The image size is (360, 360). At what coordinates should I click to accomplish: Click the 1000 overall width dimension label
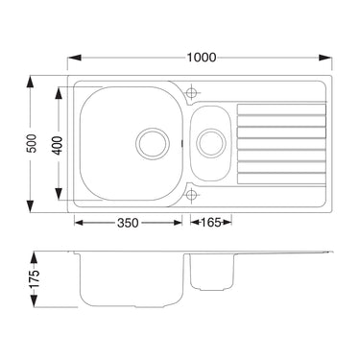click(x=202, y=58)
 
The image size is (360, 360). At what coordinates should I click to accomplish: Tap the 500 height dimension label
click(x=33, y=143)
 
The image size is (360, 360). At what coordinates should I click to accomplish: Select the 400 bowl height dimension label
click(x=58, y=145)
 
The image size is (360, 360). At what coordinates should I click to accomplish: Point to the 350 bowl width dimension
click(x=128, y=223)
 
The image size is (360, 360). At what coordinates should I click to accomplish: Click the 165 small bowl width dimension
click(x=211, y=222)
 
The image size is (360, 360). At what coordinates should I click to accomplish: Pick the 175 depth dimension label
click(x=35, y=278)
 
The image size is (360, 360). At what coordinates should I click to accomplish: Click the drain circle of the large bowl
click(x=153, y=143)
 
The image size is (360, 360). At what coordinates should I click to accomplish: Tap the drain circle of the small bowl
click(x=211, y=143)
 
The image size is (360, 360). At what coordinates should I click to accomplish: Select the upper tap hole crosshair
click(x=191, y=93)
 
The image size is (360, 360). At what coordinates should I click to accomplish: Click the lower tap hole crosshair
click(x=191, y=194)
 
